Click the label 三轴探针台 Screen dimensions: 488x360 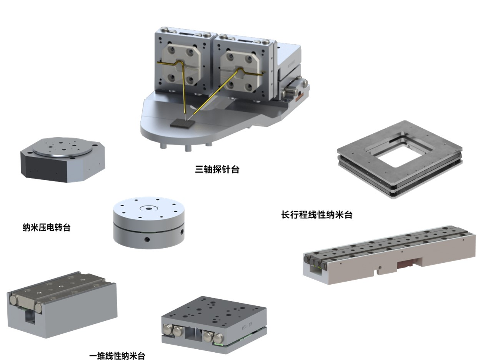217,169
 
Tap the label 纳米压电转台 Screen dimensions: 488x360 47,227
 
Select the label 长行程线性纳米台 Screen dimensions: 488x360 317,215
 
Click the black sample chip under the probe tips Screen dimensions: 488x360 182,124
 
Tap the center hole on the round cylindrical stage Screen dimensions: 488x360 149,208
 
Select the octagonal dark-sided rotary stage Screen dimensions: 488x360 63,160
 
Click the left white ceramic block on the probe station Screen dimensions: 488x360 181,67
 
